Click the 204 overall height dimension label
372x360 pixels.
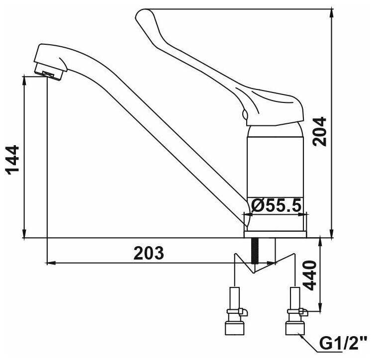(319, 131)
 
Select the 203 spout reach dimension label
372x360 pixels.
(149, 253)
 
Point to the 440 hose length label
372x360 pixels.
(310, 275)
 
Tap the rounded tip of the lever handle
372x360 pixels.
(140, 15)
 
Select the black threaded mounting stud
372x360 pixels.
(255, 251)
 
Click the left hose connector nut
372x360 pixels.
(234, 328)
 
